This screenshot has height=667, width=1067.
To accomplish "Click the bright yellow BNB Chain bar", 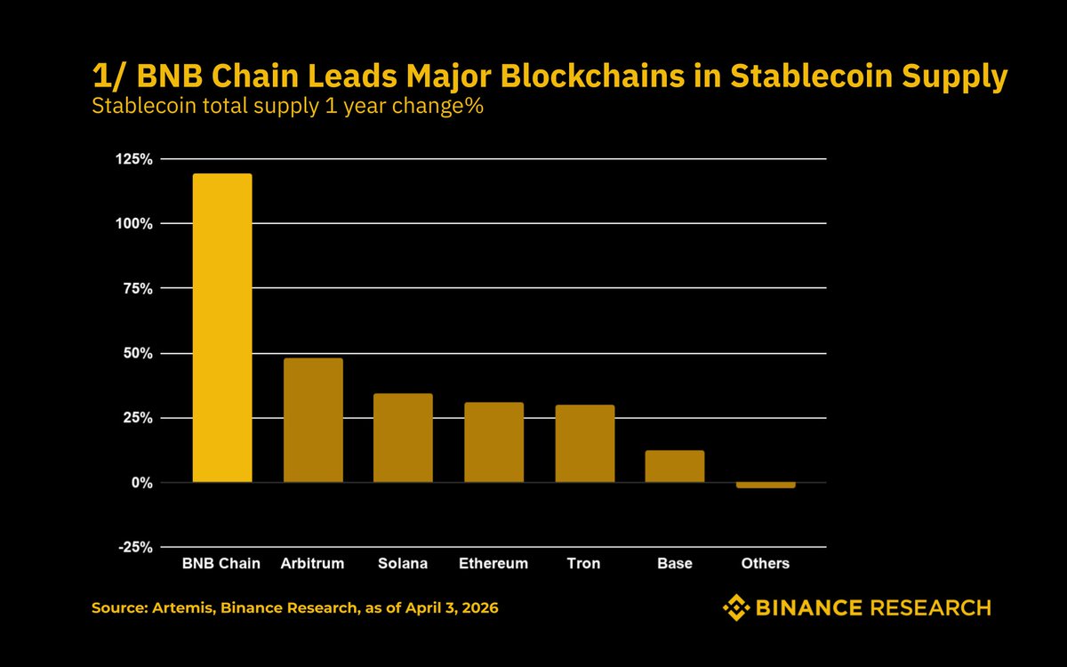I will (222, 328).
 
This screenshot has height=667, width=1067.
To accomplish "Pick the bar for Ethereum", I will (493, 443).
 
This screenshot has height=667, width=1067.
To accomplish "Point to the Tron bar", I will (584, 444).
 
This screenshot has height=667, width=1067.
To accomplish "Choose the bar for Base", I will (675, 467).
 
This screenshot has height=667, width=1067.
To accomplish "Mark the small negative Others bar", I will (766, 486).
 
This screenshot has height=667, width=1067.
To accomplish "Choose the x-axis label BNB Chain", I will (221, 564).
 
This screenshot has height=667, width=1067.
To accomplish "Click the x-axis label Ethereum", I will (493, 564).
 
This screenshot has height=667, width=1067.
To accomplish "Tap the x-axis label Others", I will (766, 564).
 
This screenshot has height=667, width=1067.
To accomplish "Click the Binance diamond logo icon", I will (736, 608).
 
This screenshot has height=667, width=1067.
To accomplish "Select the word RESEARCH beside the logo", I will (930, 608).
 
